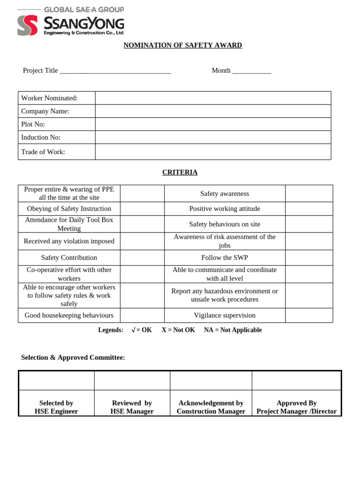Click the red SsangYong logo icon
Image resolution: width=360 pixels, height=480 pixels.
(x=27, y=25)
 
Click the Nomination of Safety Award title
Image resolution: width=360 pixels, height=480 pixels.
(x=182, y=45)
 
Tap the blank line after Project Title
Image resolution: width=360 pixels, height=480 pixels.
(x=115, y=71)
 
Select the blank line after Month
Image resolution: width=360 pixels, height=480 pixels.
(x=252, y=71)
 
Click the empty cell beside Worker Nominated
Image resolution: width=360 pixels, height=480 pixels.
(x=213, y=98)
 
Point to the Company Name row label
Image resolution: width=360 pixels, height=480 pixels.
(x=45, y=111)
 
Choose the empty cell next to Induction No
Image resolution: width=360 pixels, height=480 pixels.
(x=213, y=137)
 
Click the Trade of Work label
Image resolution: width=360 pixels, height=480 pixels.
(x=43, y=152)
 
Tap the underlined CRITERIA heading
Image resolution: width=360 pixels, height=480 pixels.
(x=180, y=172)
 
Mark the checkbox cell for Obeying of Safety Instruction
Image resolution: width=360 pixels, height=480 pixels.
(x=142, y=209)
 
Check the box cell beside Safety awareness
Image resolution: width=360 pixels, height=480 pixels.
(x=308, y=194)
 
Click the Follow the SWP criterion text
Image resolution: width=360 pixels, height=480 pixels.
(x=225, y=258)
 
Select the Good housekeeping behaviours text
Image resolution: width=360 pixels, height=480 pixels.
(x=69, y=315)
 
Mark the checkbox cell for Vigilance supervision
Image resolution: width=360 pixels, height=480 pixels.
(x=308, y=315)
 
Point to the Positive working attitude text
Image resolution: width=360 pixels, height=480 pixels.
(x=225, y=209)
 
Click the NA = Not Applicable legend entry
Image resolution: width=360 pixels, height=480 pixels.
(x=232, y=330)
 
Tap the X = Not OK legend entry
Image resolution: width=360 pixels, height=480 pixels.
(x=178, y=330)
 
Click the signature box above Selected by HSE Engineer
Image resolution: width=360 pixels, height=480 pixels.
(x=56, y=381)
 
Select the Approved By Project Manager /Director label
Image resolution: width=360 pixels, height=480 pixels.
(x=296, y=407)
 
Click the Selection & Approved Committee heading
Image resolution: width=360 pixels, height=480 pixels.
(x=73, y=358)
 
